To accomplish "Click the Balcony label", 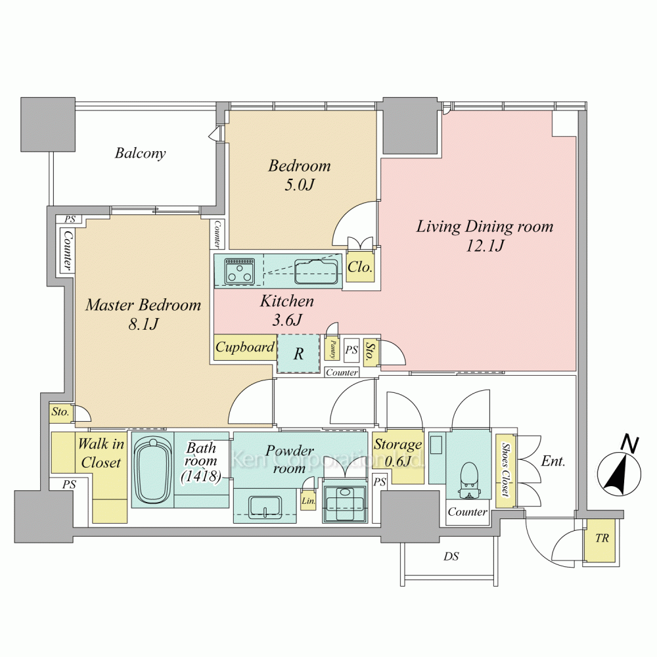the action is pos(141,153).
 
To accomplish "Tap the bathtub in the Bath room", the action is pos(153,470).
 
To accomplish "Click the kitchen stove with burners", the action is pos(240,271).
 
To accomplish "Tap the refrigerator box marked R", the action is pos(298,353).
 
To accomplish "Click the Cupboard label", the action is pos(245,348).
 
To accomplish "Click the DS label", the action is pos(451,556).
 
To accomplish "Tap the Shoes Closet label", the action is pos(506,470).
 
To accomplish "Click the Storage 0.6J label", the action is pos(398,453).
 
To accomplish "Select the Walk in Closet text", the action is pos(101,453).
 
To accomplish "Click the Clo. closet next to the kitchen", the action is pos(360,267).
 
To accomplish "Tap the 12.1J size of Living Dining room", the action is pos(485,245).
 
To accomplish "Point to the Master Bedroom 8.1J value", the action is pos(144,323).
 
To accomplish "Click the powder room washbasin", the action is pos(265,507).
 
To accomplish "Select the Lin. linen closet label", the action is pos(308,501).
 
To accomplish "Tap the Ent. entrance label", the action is pos(553,461).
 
